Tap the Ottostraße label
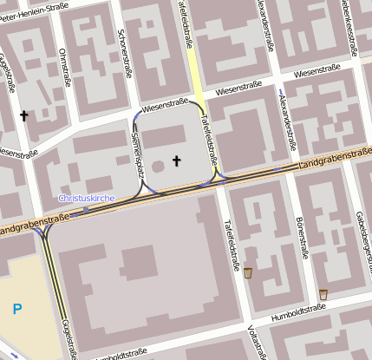62,65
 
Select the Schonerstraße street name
125,54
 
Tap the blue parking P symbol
17,307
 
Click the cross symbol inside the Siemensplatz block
177,160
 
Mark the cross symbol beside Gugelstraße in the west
23,115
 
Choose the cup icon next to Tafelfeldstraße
248,272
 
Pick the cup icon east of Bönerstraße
323,294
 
